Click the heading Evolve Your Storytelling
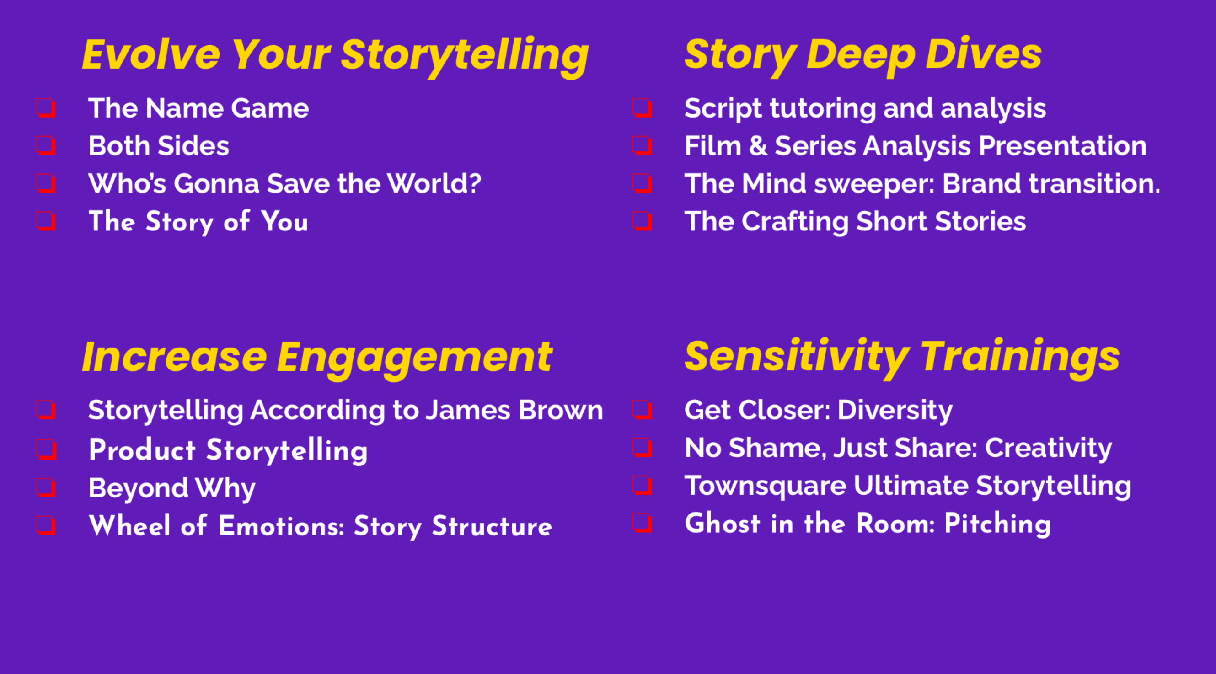point(335,56)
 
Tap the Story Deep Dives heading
point(863,56)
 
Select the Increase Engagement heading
point(317,358)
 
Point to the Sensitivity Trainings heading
point(902,357)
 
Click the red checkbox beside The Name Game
point(46,107)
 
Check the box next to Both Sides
point(46,145)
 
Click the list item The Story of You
point(198,221)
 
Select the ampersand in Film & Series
point(758,145)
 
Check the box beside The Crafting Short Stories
point(643,221)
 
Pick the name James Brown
point(514,410)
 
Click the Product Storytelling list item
point(228,450)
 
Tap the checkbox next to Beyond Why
point(46,487)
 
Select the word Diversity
point(895,410)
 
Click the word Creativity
point(1049,448)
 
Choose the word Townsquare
point(765,486)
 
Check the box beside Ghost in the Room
point(643,523)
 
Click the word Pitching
point(997,524)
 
